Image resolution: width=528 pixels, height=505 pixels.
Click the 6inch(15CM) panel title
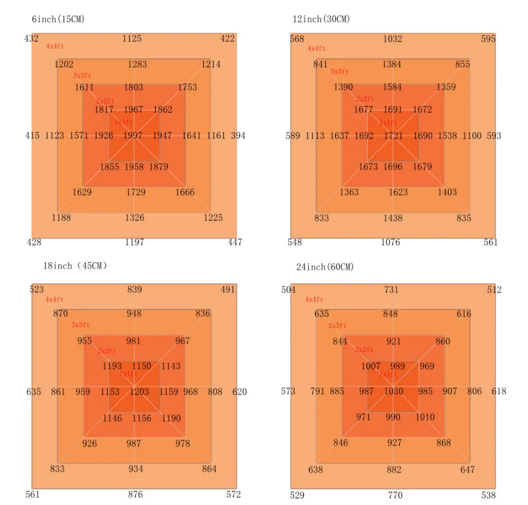tap(58, 19)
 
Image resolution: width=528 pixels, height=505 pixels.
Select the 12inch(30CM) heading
tap(321, 19)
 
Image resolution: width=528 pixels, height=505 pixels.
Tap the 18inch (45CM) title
tap(75, 266)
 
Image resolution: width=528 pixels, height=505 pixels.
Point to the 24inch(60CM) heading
tap(325, 267)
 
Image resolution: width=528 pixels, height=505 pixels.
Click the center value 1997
tap(133, 136)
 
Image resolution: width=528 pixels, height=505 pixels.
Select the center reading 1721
tap(393, 136)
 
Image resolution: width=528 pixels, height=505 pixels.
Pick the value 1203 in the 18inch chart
tap(139, 392)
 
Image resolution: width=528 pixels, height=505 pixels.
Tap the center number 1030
tap(393, 391)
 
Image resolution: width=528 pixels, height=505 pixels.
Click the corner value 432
tap(31, 39)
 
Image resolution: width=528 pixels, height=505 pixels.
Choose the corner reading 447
tap(235, 242)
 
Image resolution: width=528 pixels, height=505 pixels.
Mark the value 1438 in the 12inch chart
tap(393, 218)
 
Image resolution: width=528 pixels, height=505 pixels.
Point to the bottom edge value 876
tap(135, 495)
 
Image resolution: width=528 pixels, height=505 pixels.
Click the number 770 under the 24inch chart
tap(394, 496)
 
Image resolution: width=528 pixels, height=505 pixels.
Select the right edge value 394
tap(238, 136)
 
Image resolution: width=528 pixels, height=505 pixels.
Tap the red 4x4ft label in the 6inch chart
tap(54, 47)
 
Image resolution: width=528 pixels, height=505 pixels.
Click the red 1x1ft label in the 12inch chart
tap(388, 123)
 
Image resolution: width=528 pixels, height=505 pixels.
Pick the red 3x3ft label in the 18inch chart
tap(81, 325)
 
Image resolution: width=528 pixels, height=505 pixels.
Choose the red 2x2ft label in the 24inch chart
tap(364, 350)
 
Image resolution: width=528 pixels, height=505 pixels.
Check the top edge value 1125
tap(132, 39)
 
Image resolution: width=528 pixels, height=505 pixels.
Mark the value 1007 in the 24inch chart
tap(371, 367)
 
